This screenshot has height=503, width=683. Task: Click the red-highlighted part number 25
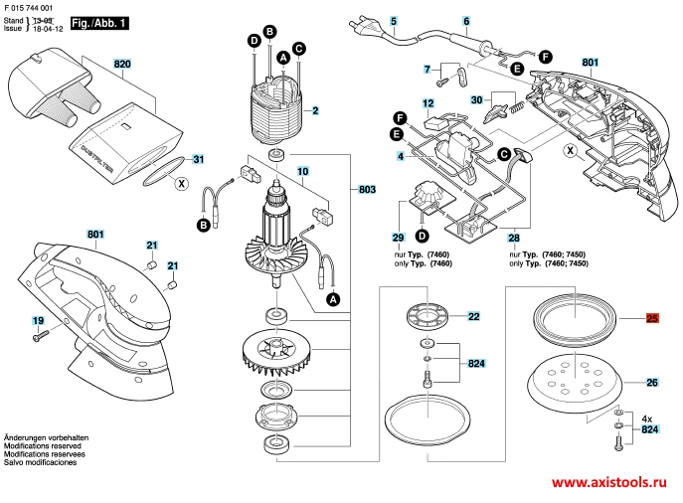652,319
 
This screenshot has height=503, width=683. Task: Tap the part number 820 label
122,64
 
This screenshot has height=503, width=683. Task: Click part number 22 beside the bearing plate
473,316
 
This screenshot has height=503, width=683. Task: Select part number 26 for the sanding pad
652,383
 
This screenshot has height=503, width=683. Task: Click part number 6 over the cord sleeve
465,21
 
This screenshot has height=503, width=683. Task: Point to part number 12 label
427,102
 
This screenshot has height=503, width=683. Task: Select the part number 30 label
476,99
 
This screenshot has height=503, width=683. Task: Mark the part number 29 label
398,239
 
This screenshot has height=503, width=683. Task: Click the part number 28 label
513,239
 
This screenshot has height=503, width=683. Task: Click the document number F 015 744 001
35,7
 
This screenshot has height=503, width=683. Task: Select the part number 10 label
304,172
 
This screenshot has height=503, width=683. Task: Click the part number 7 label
427,69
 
